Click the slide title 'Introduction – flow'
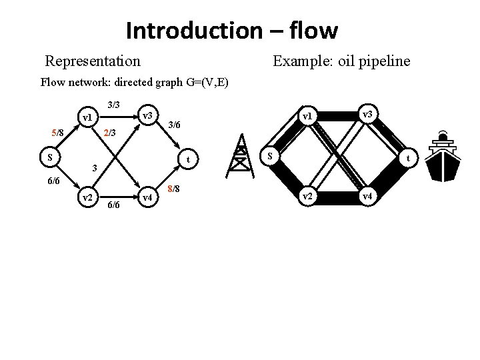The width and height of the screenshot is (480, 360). tap(231, 31)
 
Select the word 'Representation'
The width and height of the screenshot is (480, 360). tap(93, 61)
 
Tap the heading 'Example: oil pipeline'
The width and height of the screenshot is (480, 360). tap(342, 61)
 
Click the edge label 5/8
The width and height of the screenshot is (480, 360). tap(56, 133)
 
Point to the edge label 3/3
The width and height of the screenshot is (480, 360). tap(113, 105)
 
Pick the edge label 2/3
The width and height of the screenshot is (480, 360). tap(109, 133)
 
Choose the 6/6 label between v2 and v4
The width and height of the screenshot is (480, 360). tap(113, 205)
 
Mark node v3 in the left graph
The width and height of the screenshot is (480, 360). tap(147, 116)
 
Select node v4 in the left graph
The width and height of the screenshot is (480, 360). tap(147, 197)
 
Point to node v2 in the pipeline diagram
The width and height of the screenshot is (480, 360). tap(307, 197)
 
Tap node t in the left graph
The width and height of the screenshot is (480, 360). tap(189, 159)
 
